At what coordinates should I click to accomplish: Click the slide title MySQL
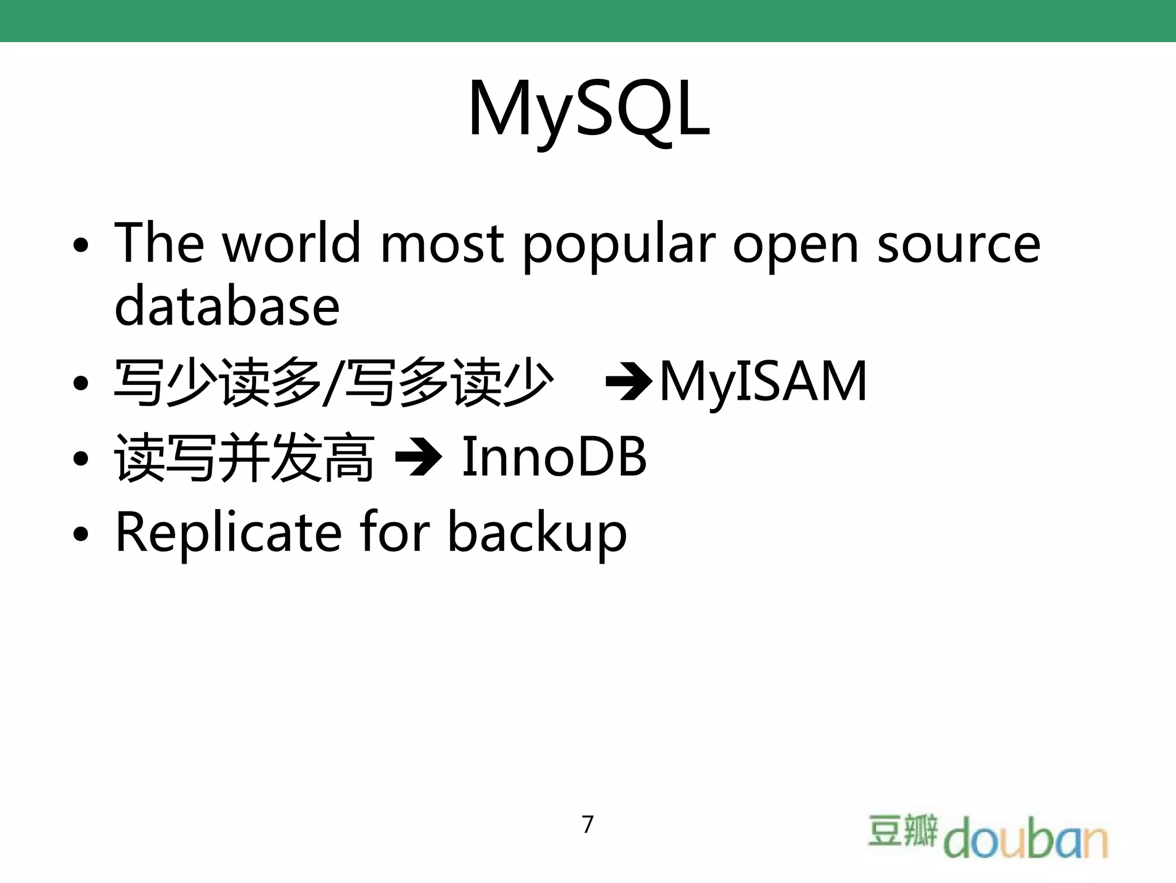[589, 109]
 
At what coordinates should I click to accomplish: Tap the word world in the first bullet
[291, 243]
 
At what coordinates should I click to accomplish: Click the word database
[227, 306]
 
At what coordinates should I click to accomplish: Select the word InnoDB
[554, 457]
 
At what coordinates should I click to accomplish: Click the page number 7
[587, 824]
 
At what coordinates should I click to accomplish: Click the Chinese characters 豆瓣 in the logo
[902, 830]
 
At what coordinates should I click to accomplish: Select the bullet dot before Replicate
[82, 534]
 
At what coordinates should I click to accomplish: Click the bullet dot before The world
[82, 245]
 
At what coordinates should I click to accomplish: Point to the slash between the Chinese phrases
[332, 382]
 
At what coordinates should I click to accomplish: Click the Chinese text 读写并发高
[244, 458]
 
